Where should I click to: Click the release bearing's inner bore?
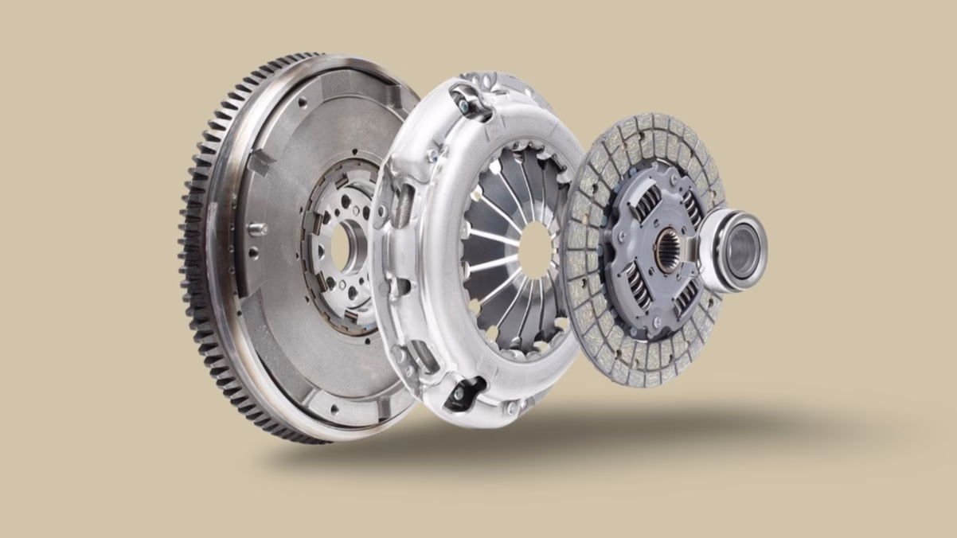click(x=742, y=240)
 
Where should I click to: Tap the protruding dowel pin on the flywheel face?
click(x=257, y=228)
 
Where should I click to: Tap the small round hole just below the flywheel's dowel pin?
click(x=254, y=254)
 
